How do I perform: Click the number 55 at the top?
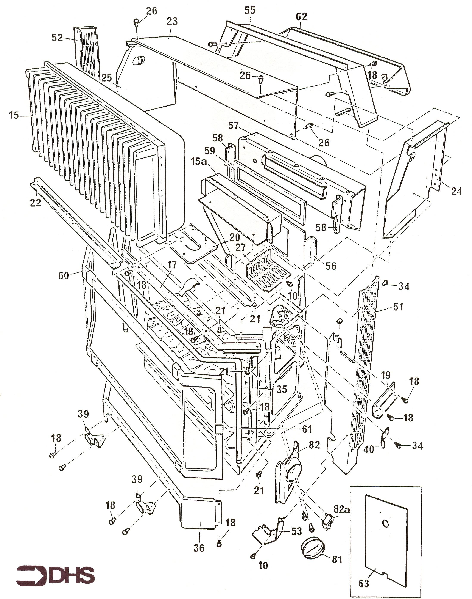coord(250,11)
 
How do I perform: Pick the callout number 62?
coord(301,17)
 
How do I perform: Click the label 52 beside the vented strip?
coord(57,38)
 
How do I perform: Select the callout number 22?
coord(35,203)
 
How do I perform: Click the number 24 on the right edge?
coord(456,191)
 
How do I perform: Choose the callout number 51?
coord(398,307)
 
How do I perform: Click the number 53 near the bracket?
coord(296,531)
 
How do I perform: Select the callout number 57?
coord(233,126)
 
